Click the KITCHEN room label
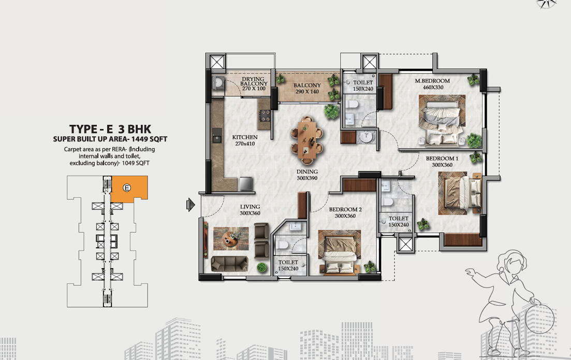click(x=245, y=137)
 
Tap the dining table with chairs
click(x=307, y=139)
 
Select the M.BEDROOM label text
click(x=432, y=81)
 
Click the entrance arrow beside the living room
click(x=191, y=205)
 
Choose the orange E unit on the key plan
click(x=129, y=188)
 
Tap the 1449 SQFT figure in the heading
click(x=149, y=139)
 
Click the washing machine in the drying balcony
click(x=218, y=83)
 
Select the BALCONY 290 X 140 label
click(x=307, y=88)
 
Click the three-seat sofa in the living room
click(x=229, y=264)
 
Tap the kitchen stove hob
click(x=265, y=116)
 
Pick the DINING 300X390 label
click(x=307, y=175)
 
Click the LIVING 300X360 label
click(x=250, y=210)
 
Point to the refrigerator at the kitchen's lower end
click(x=245, y=184)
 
